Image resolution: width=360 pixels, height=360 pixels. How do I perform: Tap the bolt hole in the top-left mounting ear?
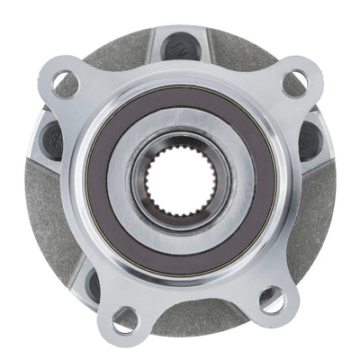(65, 85)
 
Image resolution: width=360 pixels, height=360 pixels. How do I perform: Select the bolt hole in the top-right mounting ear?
(294, 85)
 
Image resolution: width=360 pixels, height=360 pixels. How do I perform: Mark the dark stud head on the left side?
(50, 137)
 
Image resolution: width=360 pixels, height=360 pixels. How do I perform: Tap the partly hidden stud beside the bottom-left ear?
(94, 286)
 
